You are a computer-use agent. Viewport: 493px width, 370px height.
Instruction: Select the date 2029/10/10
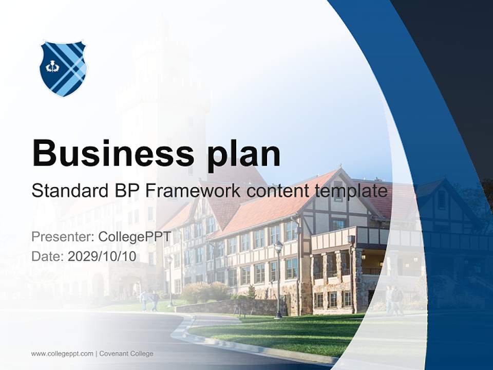[102, 256]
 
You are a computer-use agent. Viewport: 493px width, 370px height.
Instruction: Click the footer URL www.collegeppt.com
[62, 354]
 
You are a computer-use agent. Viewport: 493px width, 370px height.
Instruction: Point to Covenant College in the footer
[126, 354]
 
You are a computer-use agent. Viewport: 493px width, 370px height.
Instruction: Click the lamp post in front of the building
[278, 280]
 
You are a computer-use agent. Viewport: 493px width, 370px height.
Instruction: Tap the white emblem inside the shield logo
[52, 67]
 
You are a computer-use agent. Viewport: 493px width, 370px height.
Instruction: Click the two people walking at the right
[394, 300]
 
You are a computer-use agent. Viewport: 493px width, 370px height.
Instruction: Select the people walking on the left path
[149, 301]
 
